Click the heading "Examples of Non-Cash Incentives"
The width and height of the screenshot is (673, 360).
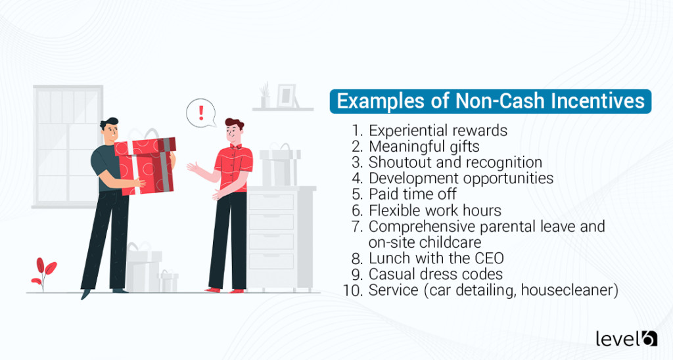490,102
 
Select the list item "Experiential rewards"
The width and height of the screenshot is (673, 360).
438,131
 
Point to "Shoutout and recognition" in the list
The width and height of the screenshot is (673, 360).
455,162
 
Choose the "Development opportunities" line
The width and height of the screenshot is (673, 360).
461,178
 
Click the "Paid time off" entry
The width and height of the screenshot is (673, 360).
412,194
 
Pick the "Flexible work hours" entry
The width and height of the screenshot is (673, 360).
434,210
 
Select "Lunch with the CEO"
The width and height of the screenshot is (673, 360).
436,258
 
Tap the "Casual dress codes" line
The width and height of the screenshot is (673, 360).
435,274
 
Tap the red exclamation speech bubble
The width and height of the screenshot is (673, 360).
201,112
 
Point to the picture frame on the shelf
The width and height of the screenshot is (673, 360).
287,96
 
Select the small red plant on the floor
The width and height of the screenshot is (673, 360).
44,271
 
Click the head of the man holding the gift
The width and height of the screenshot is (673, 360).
110,131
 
